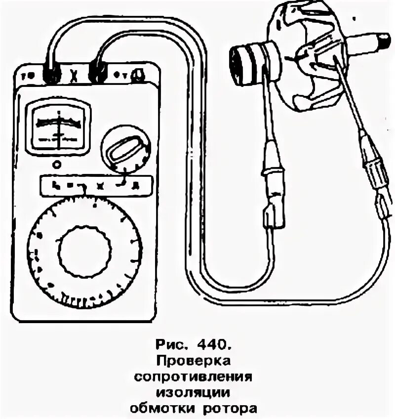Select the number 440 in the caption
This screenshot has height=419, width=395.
point(213,342)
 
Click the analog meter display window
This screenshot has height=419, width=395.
point(58,126)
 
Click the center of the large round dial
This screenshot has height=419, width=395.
point(84,251)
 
